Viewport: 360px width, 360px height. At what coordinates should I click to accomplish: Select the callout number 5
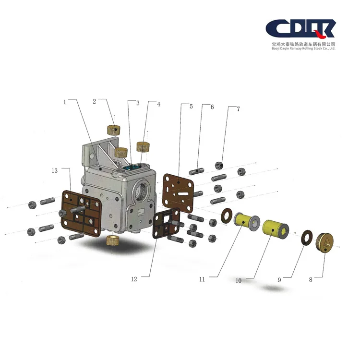[x=191, y=106]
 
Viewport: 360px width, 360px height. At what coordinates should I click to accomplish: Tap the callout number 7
[x=238, y=109]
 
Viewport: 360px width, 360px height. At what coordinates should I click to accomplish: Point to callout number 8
[x=311, y=279]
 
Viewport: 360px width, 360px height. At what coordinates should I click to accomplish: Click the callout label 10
[x=239, y=281]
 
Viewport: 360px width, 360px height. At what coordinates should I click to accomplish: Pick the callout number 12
[x=134, y=279]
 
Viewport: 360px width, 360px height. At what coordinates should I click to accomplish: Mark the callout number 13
[x=55, y=170]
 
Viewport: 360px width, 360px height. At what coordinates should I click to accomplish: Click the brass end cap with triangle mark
[x=325, y=243]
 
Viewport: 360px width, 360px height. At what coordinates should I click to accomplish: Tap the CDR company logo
[x=300, y=29]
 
